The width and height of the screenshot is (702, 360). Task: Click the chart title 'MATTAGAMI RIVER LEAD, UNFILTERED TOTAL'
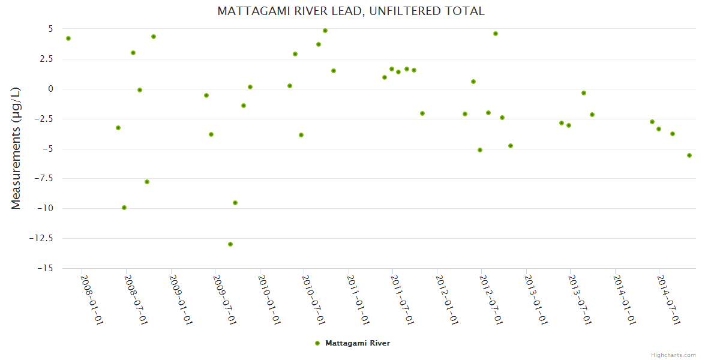(x=350, y=11)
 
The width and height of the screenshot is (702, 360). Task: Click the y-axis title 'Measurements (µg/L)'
(x=16, y=148)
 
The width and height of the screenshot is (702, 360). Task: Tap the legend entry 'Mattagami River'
(x=357, y=343)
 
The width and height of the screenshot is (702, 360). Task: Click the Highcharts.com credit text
(x=673, y=355)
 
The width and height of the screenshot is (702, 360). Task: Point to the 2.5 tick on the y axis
(x=46, y=59)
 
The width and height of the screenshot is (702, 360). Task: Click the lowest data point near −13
(x=230, y=244)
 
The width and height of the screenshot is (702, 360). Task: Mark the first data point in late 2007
(x=68, y=38)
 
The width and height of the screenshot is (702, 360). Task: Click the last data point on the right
(x=689, y=155)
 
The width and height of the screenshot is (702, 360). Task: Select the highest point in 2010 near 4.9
(x=325, y=31)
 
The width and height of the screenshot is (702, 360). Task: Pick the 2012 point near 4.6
(x=496, y=34)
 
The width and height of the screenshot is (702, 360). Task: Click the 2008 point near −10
(x=124, y=208)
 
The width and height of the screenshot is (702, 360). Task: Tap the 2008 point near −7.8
(x=147, y=182)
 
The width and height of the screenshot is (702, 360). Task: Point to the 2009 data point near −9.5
(x=235, y=203)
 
